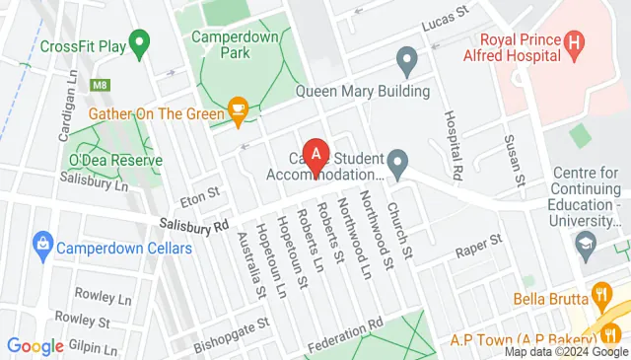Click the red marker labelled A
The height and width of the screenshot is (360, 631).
[x=315, y=154]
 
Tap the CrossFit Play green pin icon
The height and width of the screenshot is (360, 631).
[x=140, y=44]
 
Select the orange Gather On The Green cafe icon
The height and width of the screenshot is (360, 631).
[x=237, y=110]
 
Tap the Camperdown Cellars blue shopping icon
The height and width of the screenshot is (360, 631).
[x=41, y=243]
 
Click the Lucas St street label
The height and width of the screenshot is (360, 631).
[x=443, y=23]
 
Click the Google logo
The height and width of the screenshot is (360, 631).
[x=35, y=345]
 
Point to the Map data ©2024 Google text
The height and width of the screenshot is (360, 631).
[x=565, y=352]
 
